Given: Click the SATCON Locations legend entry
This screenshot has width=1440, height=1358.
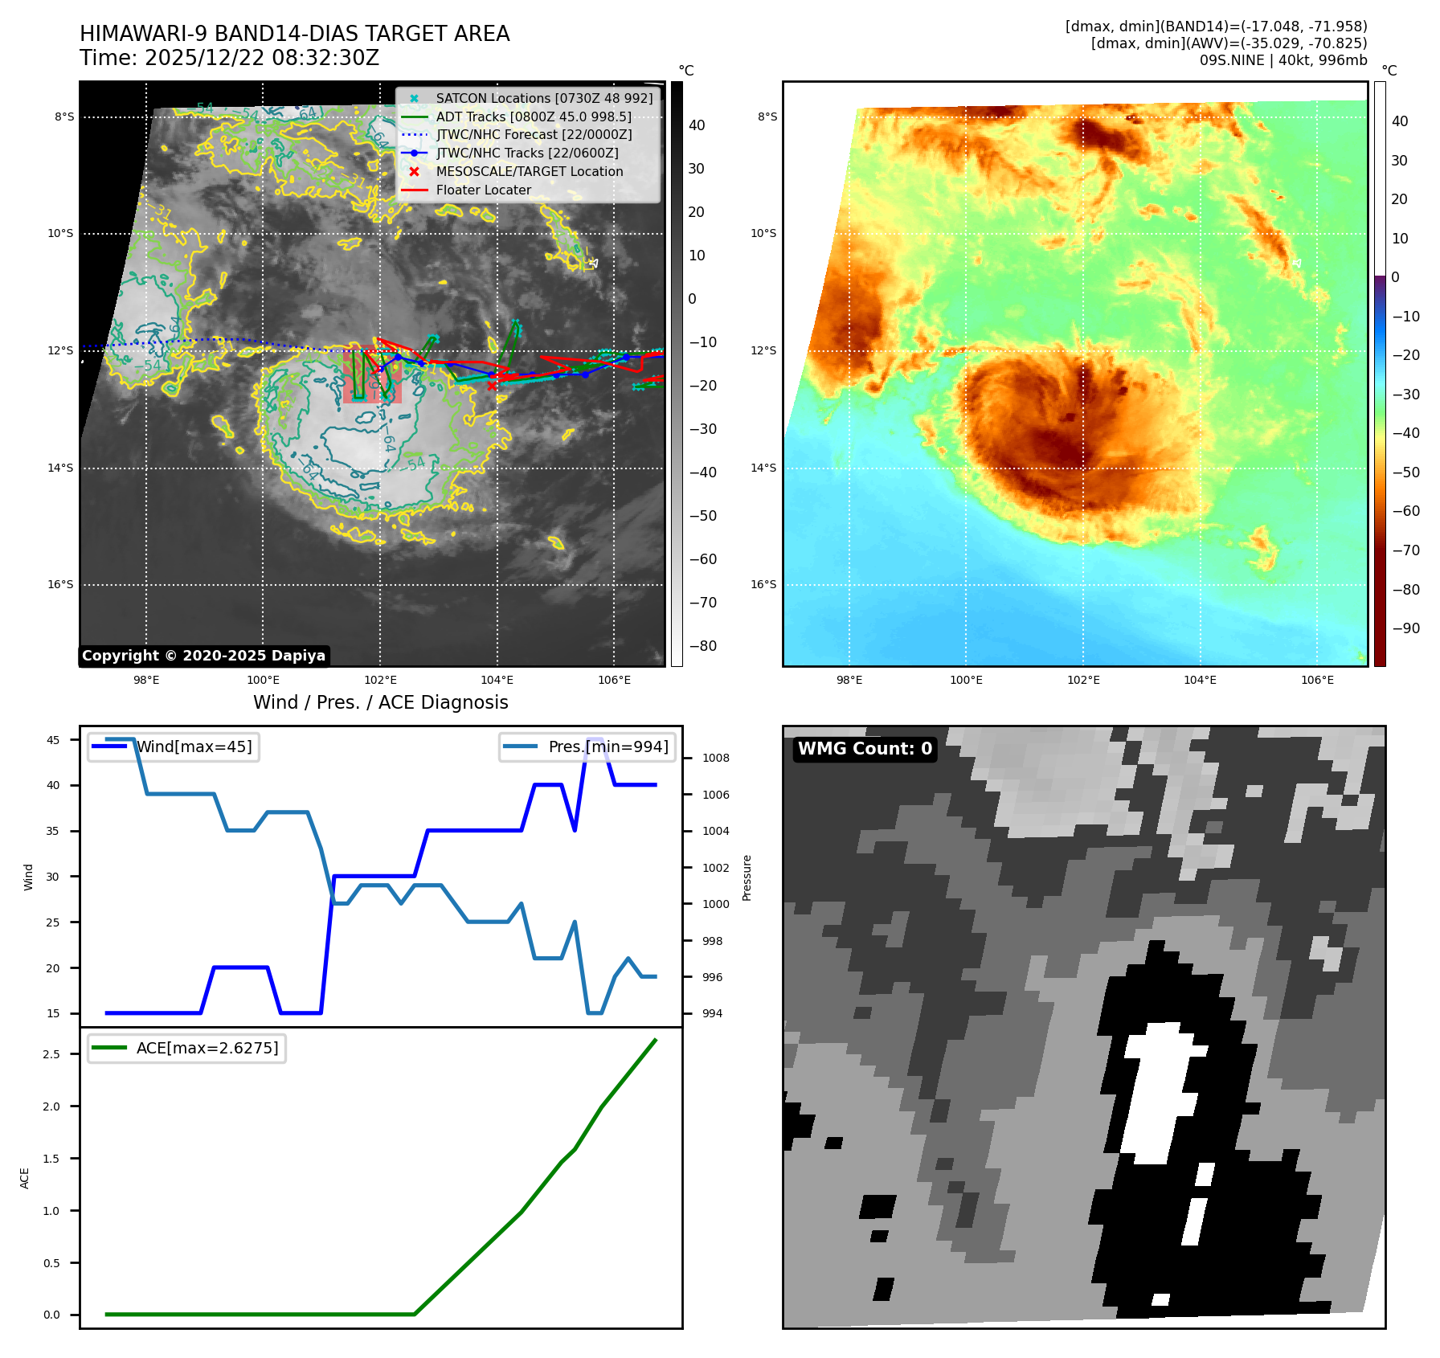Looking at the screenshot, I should point(544,98).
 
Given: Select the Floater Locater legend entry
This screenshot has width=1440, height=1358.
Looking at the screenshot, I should point(483,190).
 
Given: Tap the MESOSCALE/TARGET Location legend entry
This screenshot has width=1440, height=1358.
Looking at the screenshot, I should point(529,172).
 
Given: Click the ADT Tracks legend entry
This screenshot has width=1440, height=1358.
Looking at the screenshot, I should point(533,117).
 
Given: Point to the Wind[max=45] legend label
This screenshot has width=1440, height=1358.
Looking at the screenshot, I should point(194,747).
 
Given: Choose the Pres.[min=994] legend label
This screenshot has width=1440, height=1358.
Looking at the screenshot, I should point(607,747).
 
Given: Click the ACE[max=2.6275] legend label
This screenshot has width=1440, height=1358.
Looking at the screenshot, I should point(207,1049).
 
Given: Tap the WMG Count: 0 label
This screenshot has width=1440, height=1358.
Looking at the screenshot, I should point(865,749).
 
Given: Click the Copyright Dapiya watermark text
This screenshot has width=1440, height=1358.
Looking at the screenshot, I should point(203,656).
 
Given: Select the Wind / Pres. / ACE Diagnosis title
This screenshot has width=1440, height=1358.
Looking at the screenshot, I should point(381,703).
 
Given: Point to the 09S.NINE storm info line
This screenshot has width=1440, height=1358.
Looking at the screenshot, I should point(1282,60).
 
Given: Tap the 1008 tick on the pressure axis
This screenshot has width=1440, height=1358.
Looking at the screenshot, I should point(715,759).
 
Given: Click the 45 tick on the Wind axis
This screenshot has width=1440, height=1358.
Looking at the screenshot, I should point(53,741).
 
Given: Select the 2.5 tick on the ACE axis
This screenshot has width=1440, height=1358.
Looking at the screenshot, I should point(51,1054).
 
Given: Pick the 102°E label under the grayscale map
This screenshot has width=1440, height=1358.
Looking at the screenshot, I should point(380,681).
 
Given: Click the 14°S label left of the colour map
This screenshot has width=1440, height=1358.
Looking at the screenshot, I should point(763,468).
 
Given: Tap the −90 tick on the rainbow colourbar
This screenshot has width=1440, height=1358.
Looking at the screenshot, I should point(1405,628).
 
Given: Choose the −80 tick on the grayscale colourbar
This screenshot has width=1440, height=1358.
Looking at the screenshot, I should point(702,646).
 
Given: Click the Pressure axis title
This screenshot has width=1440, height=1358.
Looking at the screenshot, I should point(747,877).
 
